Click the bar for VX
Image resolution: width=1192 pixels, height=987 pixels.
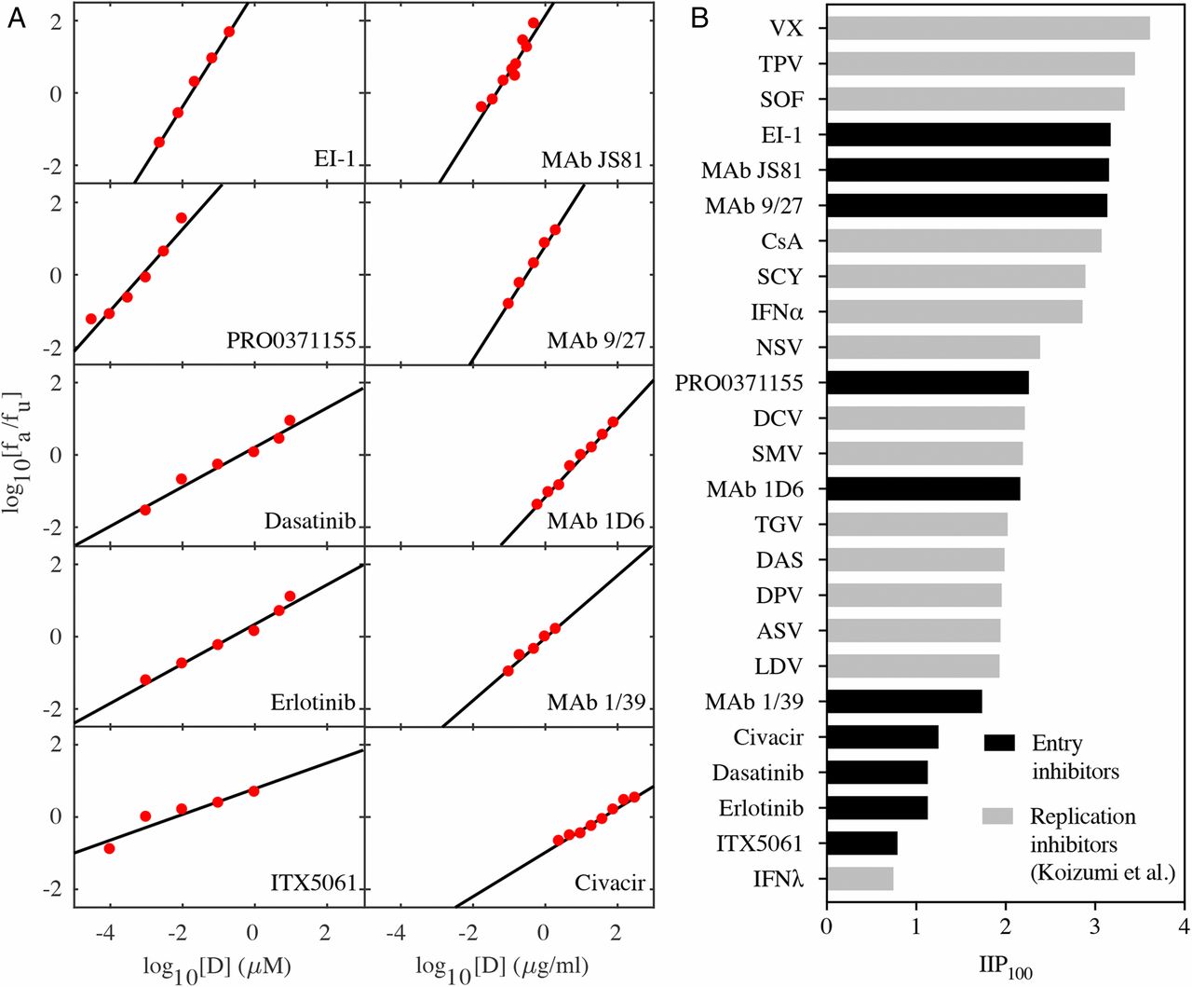(987, 29)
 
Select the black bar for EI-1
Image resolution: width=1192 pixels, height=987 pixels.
(968, 135)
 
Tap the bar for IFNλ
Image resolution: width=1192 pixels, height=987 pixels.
(860, 879)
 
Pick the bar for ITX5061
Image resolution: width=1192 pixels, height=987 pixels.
(861, 843)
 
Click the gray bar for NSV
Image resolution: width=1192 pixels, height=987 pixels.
(933, 348)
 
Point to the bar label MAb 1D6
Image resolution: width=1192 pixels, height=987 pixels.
(754, 489)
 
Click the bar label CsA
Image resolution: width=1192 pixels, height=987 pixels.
(781, 241)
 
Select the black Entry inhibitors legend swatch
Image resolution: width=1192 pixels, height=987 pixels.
(998, 743)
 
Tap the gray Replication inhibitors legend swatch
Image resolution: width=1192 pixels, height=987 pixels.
(998, 816)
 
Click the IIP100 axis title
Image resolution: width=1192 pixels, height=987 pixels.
(1006, 966)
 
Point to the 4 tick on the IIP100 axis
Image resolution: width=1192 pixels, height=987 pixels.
(1184, 927)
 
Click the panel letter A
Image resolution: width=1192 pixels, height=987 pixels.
(17, 19)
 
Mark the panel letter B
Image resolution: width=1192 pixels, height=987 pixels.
(700, 19)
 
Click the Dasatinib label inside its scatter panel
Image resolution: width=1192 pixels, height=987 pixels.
(310, 521)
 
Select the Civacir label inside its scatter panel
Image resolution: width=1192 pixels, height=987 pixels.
(610, 883)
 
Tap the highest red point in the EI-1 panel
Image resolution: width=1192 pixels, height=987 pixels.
(229, 32)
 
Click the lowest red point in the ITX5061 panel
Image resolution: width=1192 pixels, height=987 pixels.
(110, 848)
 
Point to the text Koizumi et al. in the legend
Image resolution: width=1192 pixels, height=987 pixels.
(1102, 873)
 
